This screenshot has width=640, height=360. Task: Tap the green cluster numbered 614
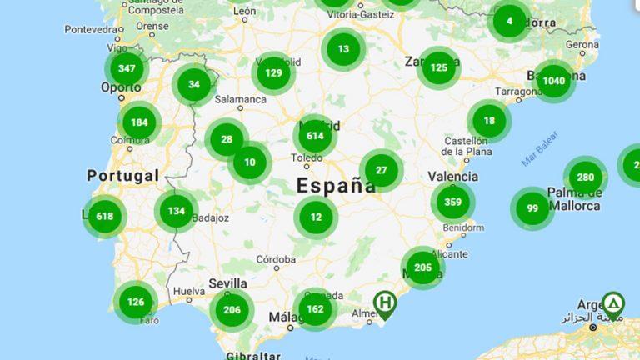coord(315,136)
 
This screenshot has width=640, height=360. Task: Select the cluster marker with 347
coord(127,69)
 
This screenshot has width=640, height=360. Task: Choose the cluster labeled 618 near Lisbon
coord(104,217)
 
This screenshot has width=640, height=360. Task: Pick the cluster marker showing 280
coord(585,177)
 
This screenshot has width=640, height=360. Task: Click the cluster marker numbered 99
coord(532,208)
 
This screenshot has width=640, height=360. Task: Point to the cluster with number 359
coord(453,202)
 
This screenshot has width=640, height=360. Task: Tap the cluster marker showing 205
coord(422,267)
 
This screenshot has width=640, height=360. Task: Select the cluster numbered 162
coord(315,309)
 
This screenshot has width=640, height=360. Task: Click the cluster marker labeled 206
coord(231,310)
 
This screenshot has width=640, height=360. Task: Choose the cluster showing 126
coord(136,302)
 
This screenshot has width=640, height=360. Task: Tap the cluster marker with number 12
coord(316,217)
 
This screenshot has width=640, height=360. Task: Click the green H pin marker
coord(385,303)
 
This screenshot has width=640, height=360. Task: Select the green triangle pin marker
coord(613,304)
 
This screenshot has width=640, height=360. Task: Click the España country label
coord(337,185)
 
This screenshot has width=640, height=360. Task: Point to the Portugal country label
coord(122,176)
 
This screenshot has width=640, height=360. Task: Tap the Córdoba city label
coord(276,259)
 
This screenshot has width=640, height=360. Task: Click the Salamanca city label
coord(240,99)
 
